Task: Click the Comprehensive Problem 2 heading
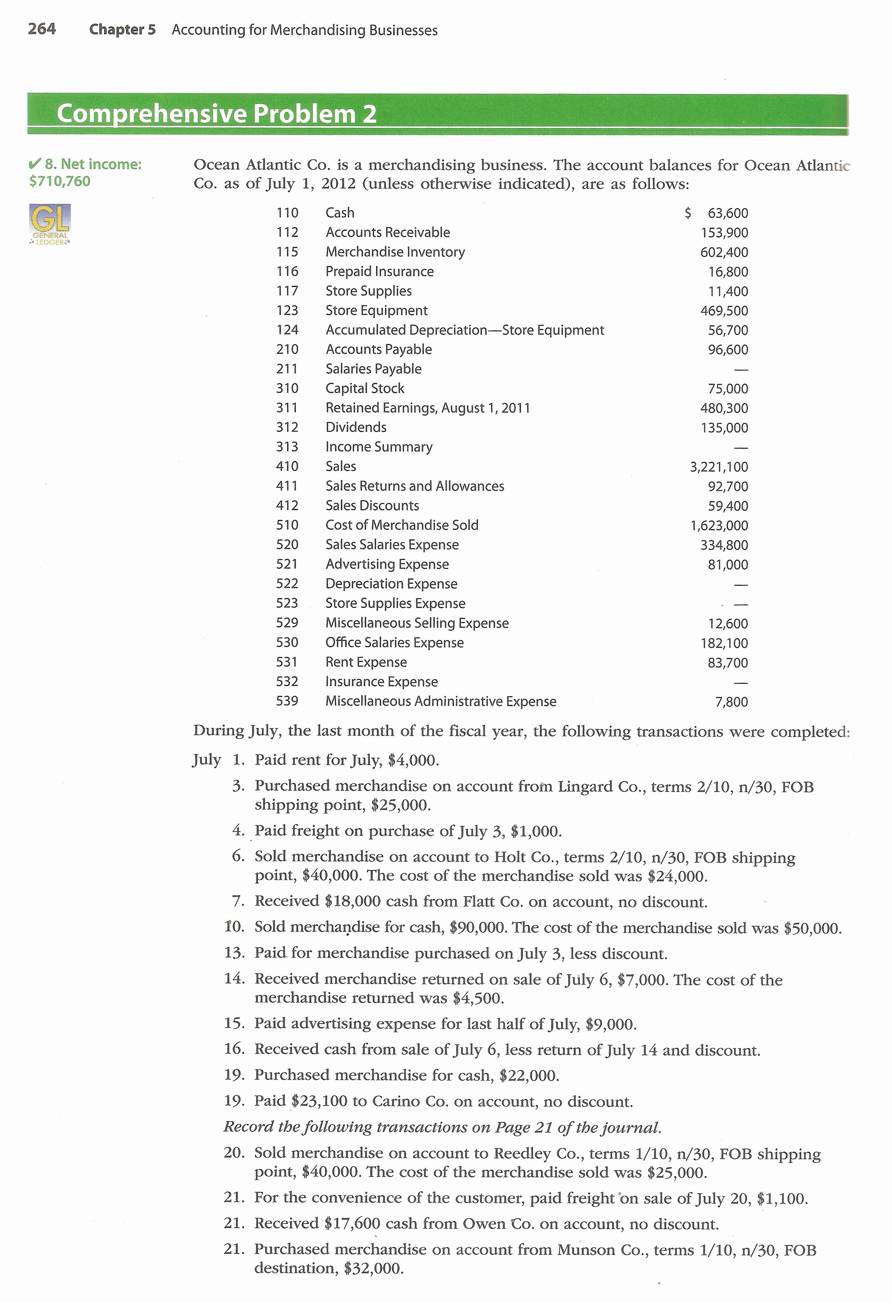coord(216,114)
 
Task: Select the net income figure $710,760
coord(59,181)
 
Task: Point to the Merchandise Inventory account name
coord(395,252)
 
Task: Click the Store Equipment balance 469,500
coord(724,310)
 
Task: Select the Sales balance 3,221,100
coord(718,466)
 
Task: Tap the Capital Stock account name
coord(365,388)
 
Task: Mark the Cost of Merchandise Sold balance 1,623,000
coord(718,525)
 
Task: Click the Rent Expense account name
coord(366,662)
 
